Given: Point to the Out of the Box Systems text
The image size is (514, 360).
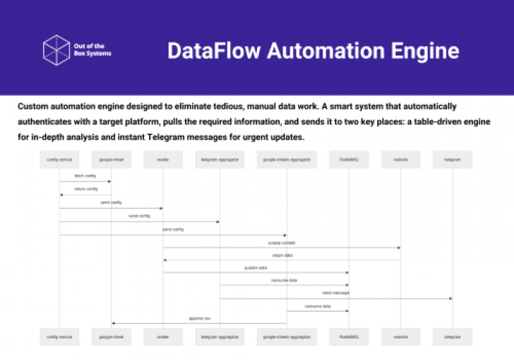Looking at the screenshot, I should pyautogui.click(x=93, y=50).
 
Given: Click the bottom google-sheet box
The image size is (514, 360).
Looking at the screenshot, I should pyautogui.click(x=111, y=336).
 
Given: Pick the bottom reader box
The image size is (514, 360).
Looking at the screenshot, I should pyautogui.click(x=163, y=336).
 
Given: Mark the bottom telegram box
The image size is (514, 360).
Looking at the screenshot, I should pyautogui.click(x=452, y=336).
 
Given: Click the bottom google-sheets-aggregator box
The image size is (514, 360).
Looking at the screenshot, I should pyautogui.click(x=286, y=336).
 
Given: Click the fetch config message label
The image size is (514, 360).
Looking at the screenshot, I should pyautogui.click(x=85, y=176).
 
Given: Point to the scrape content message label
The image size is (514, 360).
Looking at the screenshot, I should pyautogui.click(x=281, y=243).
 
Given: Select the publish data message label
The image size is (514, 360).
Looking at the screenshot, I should pyautogui.click(x=256, y=268).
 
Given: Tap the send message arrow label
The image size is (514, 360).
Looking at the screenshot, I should pyautogui.click(x=335, y=293).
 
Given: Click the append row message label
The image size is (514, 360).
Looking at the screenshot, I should pyautogui.click(x=199, y=318).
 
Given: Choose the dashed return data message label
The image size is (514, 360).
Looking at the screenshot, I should pyautogui.click(x=281, y=256).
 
